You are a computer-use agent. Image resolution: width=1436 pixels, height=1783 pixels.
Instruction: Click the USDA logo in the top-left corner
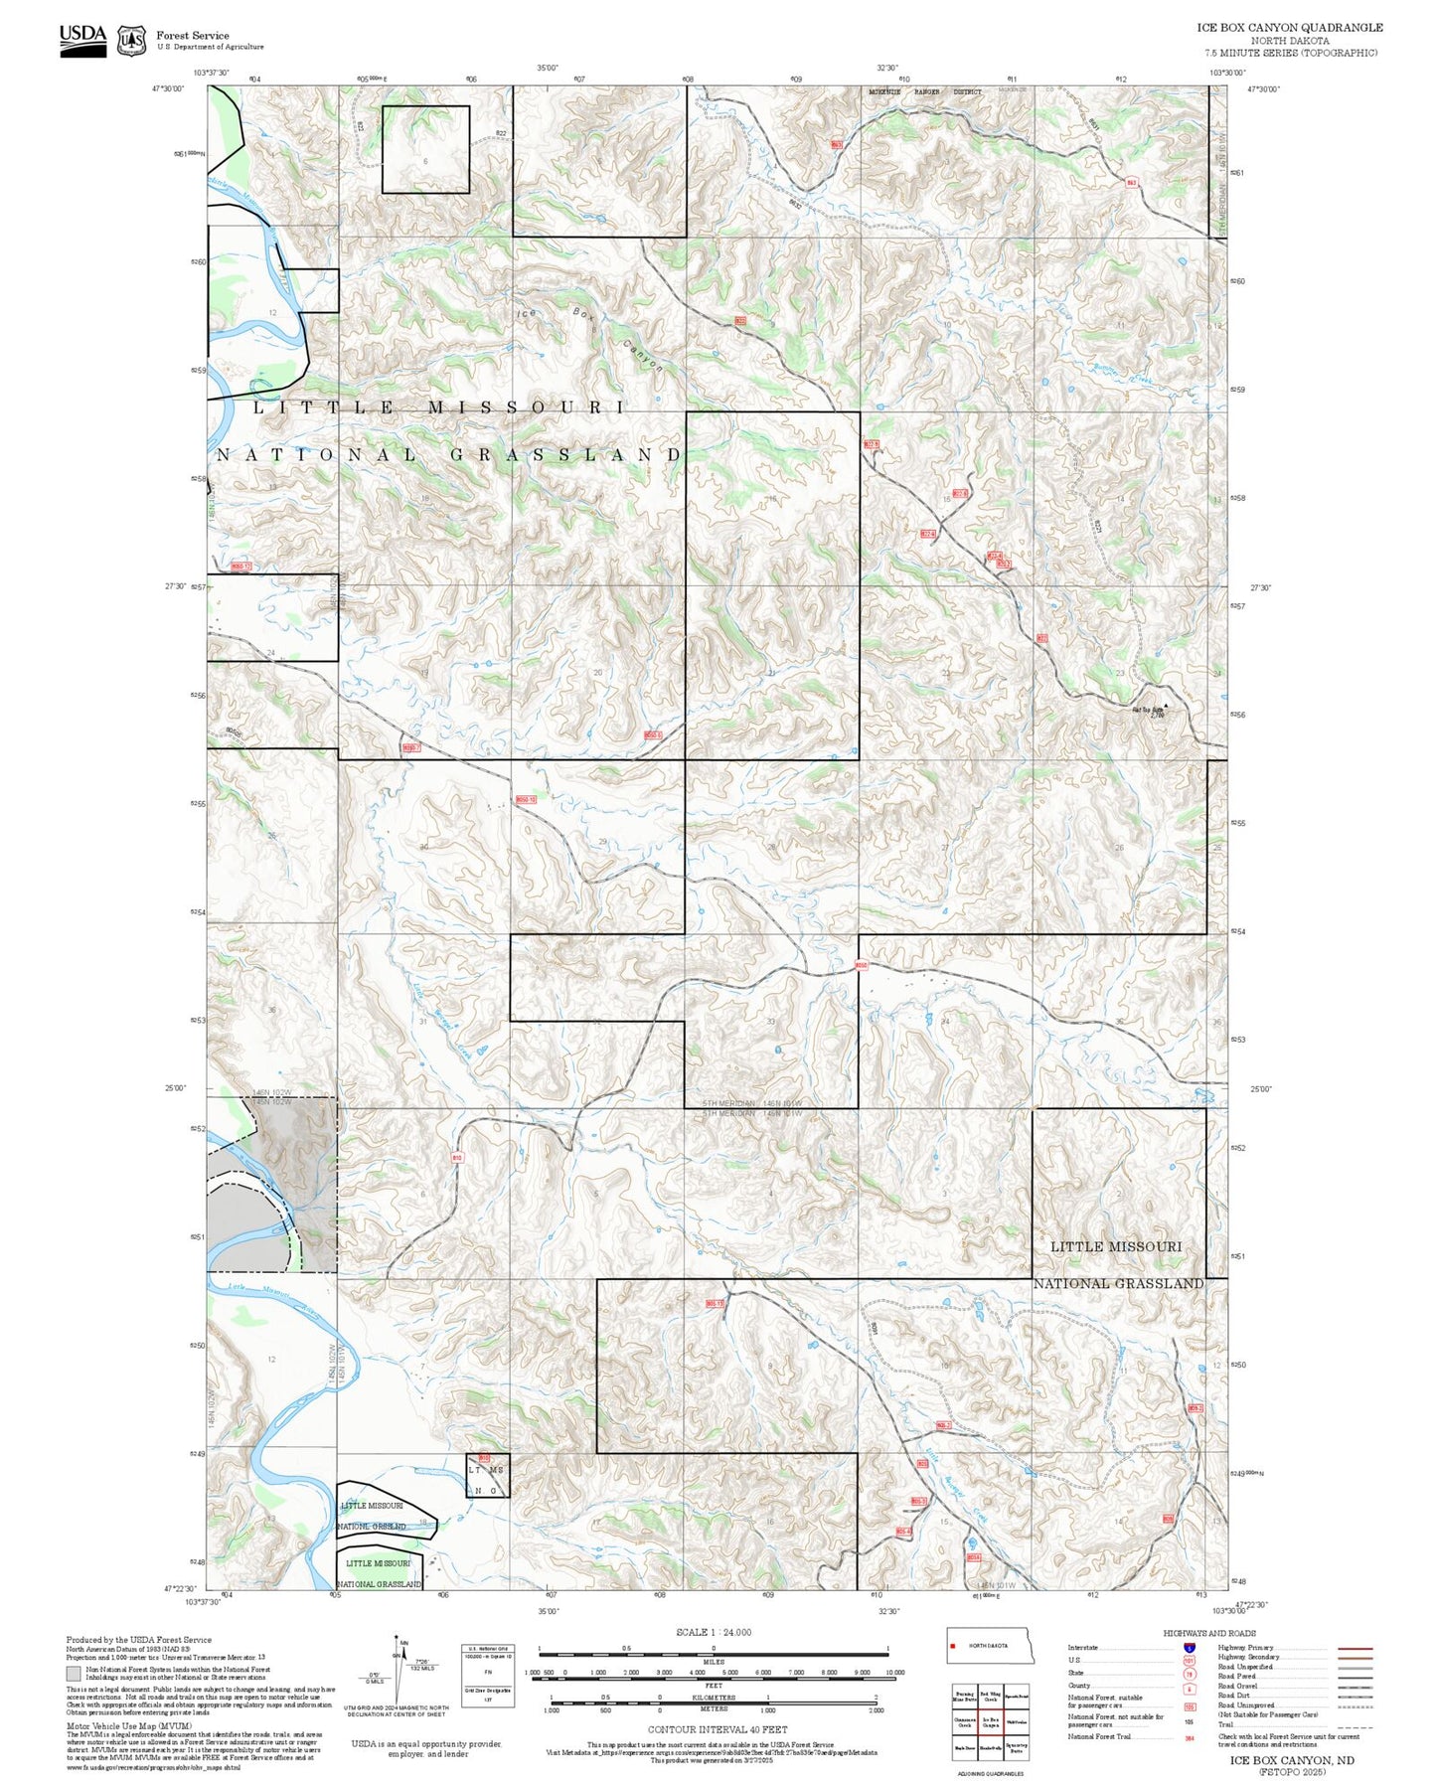[x=82, y=40]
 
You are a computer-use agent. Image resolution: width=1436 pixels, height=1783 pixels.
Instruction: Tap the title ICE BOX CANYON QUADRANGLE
[x=1289, y=27]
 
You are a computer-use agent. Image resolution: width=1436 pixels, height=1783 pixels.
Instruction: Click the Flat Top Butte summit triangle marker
[x=1167, y=707]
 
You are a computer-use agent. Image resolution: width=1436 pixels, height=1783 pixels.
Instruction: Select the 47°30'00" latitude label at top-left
[x=168, y=88]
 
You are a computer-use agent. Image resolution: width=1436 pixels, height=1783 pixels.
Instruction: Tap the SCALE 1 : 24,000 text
[x=713, y=1632]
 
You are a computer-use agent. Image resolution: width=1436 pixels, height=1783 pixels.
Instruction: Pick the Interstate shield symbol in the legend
[x=1189, y=1648]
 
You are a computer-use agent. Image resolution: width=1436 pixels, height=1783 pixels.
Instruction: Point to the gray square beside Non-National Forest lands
[x=74, y=1674]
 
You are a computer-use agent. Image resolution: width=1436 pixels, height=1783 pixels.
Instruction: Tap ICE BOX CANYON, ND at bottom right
[x=1291, y=1760]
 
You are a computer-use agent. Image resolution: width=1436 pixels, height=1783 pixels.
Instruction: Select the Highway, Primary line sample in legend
[x=1356, y=1648]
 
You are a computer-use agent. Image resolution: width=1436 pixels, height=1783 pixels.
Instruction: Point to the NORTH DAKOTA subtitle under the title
[x=1289, y=41]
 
